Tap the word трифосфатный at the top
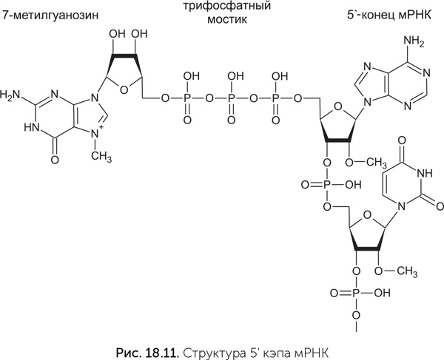click(226, 6)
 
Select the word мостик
click(226, 20)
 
